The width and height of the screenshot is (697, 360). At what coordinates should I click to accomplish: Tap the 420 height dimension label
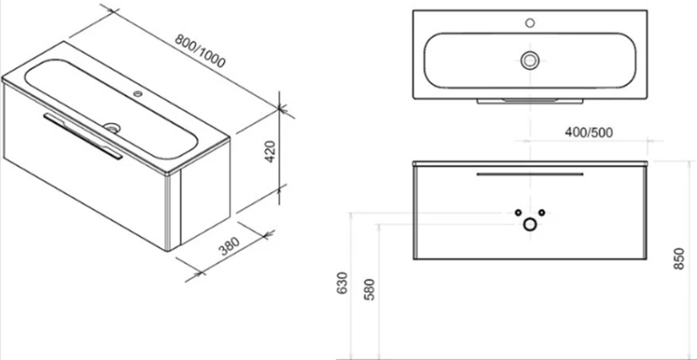click(271, 152)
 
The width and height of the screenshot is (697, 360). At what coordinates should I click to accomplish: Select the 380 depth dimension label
click(229, 246)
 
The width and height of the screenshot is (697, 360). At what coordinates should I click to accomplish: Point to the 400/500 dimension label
click(589, 132)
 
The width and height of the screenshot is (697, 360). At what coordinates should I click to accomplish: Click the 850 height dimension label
click(679, 259)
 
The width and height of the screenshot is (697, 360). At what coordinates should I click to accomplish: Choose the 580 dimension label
click(369, 289)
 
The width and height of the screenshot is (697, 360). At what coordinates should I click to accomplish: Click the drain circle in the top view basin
click(530, 59)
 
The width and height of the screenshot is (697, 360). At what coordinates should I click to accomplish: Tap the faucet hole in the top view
click(530, 23)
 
